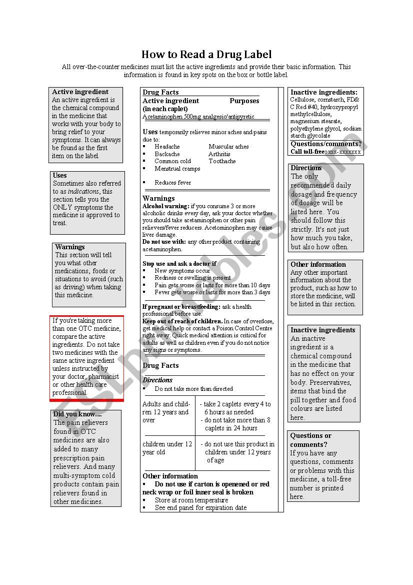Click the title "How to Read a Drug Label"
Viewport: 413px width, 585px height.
tap(206, 55)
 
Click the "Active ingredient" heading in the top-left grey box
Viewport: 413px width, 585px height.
tap(80, 92)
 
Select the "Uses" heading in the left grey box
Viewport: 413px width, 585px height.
tap(60, 176)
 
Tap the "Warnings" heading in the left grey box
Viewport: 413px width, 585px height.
tap(70, 247)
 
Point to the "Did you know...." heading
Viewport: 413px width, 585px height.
tap(77, 414)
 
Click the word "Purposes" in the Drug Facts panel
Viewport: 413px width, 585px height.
tap(244, 101)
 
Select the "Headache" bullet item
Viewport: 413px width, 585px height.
tap(167, 147)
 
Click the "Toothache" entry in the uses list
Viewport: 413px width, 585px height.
tap(222, 161)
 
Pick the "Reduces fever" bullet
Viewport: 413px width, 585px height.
tap(172, 183)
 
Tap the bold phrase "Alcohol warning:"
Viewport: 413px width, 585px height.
tap(165, 206)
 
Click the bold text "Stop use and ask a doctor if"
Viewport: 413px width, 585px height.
tap(179, 264)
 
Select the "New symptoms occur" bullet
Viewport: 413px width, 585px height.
tap(182, 271)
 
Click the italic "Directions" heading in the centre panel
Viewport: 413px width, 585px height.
tap(157, 380)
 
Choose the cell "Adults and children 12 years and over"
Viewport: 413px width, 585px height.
tap(166, 412)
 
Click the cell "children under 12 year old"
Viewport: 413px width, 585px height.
tap(167, 448)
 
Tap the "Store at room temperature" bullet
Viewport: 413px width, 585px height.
tap(191, 500)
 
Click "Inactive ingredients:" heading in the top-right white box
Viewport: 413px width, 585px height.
tap(324, 93)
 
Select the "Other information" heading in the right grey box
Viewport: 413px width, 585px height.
tap(318, 265)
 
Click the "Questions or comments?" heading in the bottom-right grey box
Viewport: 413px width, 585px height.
tap(311, 440)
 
